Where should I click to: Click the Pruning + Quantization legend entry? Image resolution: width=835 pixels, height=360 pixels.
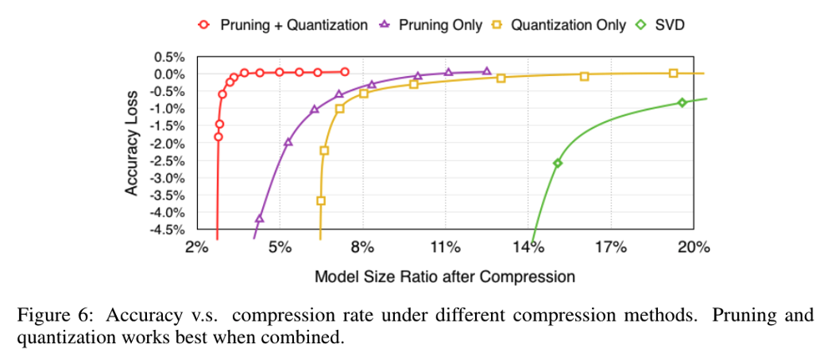[285, 25]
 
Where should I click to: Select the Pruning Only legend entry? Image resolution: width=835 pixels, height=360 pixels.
[433, 25]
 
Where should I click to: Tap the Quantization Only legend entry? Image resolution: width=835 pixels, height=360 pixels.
[559, 25]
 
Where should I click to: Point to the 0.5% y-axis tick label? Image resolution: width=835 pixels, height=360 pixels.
[168, 57]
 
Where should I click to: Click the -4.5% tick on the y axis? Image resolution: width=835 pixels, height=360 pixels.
[166, 230]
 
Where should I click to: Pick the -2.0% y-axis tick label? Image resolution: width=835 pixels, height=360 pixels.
[166, 143]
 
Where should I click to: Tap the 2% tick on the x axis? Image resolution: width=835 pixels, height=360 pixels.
[196, 247]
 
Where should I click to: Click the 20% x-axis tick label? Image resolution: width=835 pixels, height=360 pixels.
[693, 247]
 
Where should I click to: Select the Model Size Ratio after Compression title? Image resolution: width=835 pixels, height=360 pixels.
[444, 276]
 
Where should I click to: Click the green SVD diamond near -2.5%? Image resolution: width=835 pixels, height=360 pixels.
[557, 163]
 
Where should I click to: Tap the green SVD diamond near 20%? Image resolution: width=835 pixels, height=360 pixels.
[682, 103]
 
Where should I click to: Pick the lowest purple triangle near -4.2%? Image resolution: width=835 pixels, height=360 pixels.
[259, 218]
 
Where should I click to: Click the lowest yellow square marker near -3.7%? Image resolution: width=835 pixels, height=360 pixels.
[321, 200]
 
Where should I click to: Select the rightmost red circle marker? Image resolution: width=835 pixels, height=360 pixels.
[345, 72]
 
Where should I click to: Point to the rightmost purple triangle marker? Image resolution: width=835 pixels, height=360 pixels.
[487, 72]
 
